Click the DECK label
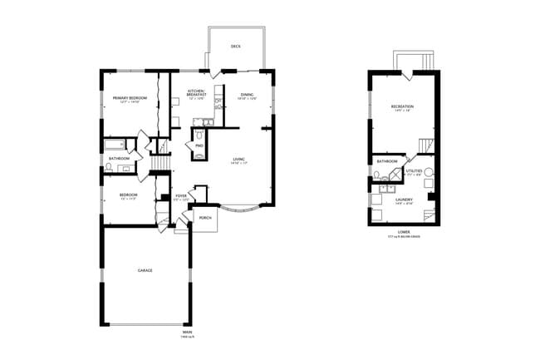235,47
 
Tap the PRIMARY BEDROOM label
130,98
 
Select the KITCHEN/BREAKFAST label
197,92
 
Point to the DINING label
247,95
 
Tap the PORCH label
205,218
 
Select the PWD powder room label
200,145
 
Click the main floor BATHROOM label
120,158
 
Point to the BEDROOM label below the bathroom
128,195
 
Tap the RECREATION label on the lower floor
403,106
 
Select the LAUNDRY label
405,200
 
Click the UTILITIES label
414,170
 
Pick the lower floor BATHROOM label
386,161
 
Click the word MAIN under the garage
187,332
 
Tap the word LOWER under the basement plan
404,232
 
